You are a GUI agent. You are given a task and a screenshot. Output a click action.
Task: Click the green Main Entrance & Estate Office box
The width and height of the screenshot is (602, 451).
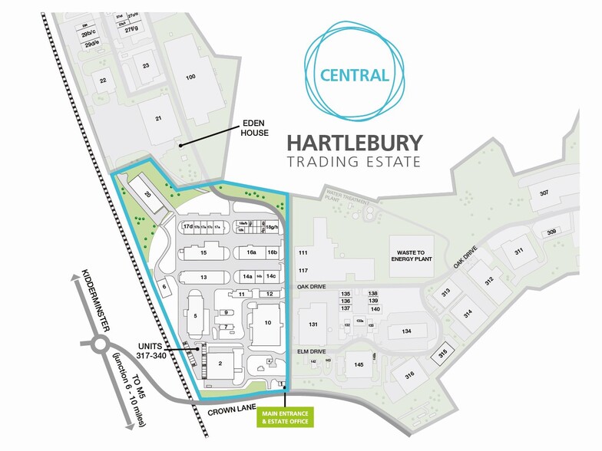286,417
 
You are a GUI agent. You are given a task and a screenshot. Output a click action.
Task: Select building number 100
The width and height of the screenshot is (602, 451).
190,77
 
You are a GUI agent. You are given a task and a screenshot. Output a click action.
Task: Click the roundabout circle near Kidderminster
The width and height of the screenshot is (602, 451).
100,345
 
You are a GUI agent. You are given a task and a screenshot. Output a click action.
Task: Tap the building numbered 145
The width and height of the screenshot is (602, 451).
359,364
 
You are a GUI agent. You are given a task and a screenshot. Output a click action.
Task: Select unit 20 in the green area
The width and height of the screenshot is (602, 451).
147,195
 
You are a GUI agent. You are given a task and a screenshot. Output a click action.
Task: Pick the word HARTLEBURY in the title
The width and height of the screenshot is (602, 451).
354,143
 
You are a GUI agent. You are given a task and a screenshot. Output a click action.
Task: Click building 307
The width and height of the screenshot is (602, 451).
544,193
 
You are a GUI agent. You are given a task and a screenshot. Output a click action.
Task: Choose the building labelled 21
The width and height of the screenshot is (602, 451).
159,117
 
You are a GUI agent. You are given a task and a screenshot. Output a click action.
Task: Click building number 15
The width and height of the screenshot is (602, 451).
203,252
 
